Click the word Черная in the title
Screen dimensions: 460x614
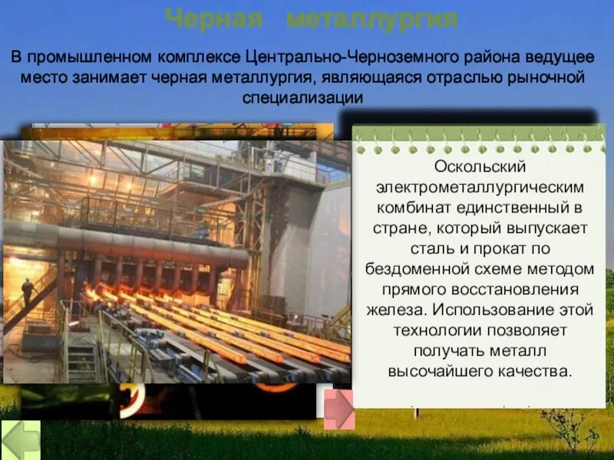click(216, 18)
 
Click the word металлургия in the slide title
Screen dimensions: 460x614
click(372, 18)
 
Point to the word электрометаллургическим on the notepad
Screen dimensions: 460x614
click(480, 187)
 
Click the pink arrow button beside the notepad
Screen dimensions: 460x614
click(338, 409)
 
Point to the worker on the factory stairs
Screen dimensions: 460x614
click(28, 292)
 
